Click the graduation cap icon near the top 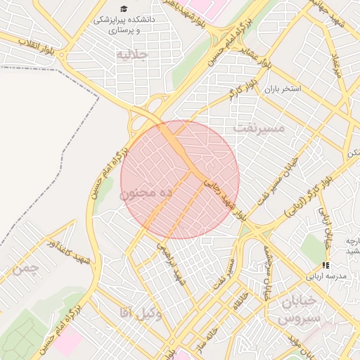[124, 8]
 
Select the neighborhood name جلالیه [131, 54]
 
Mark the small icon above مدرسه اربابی [325, 265]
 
